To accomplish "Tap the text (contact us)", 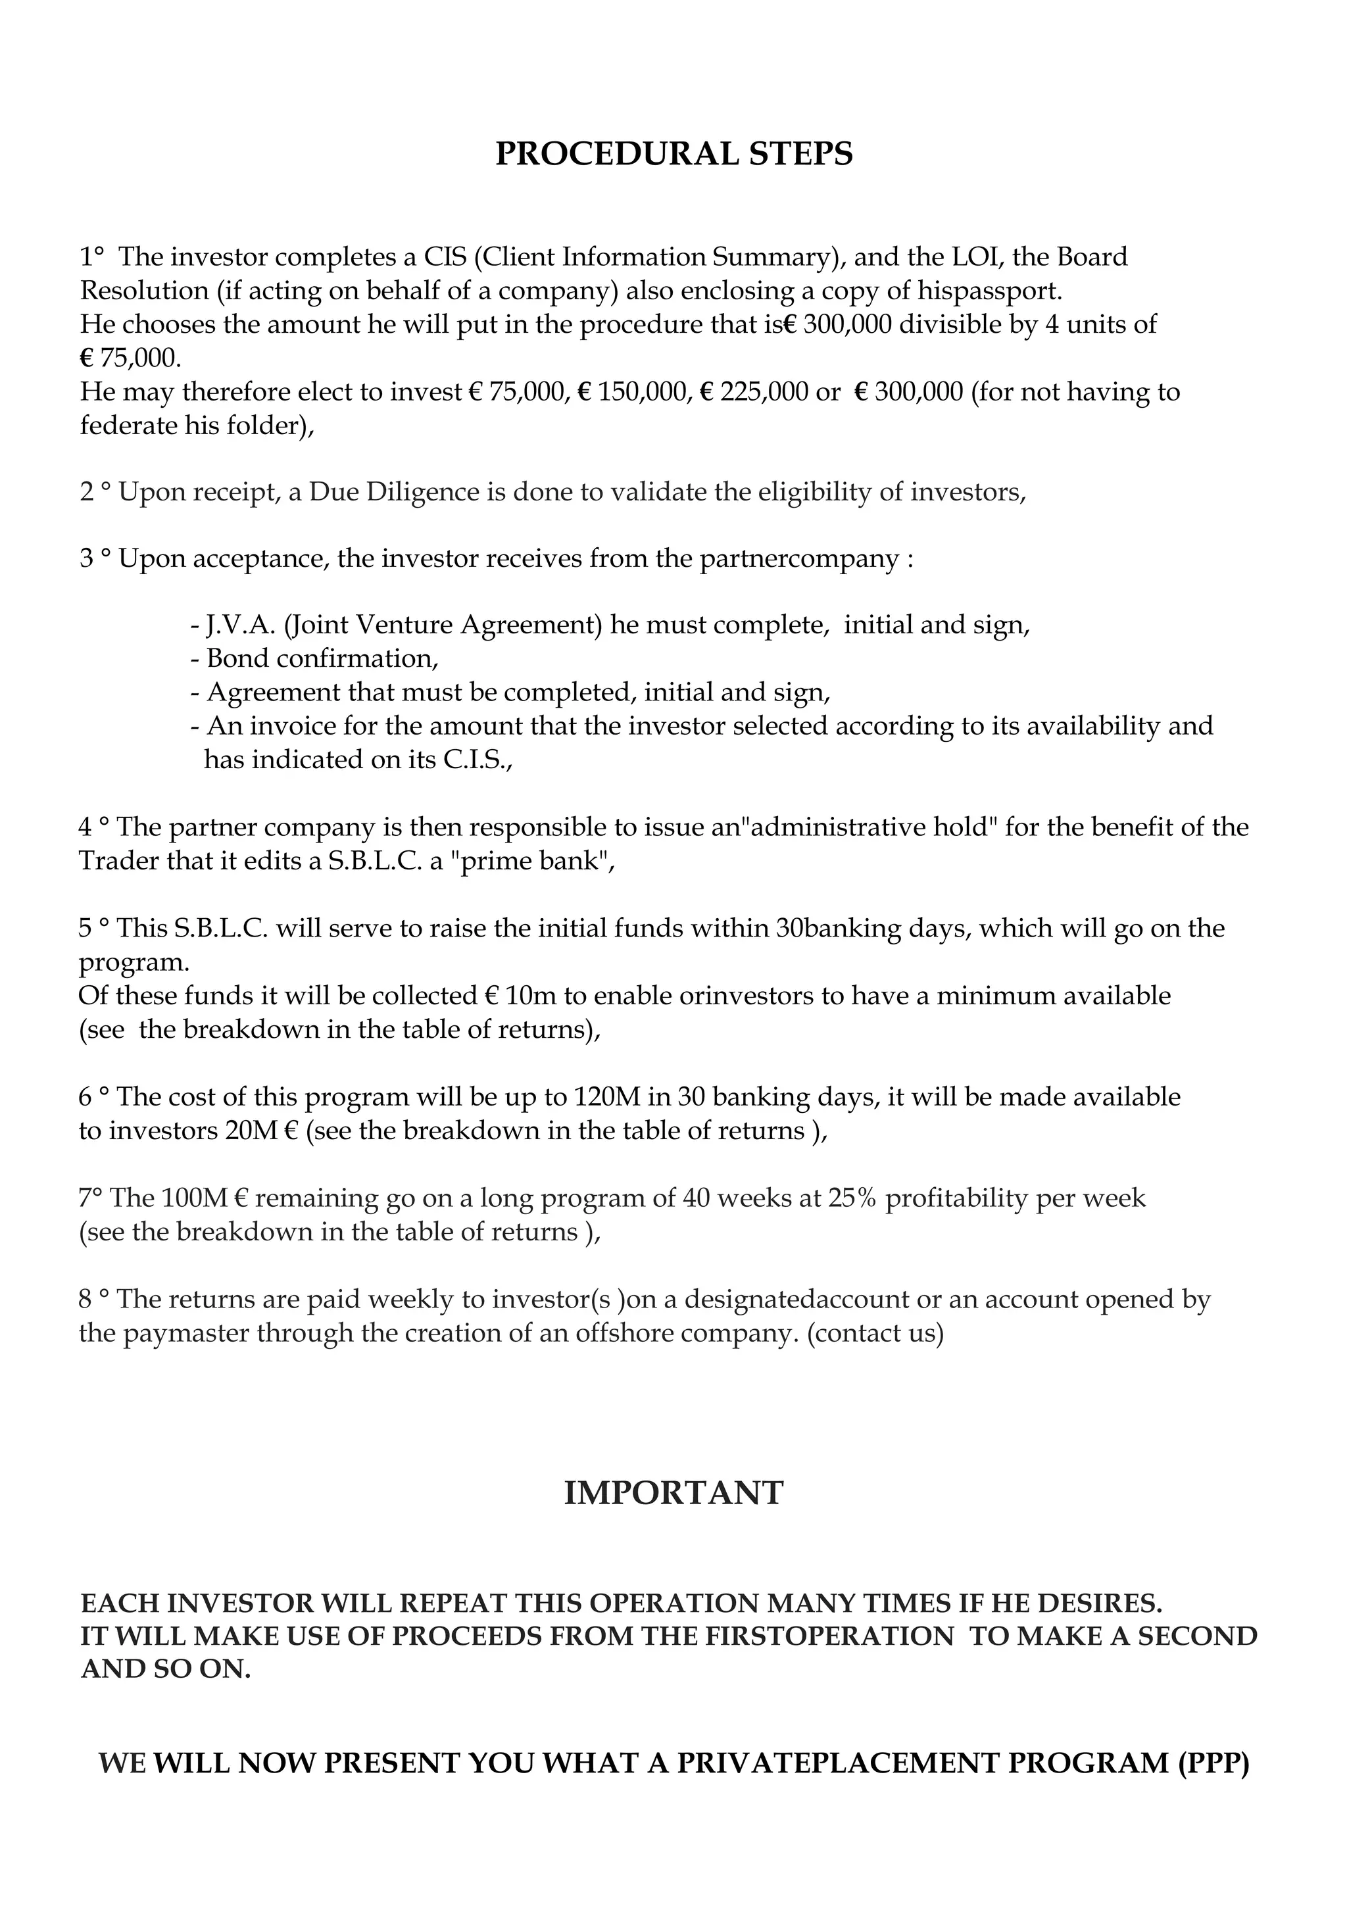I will point(875,1333).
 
